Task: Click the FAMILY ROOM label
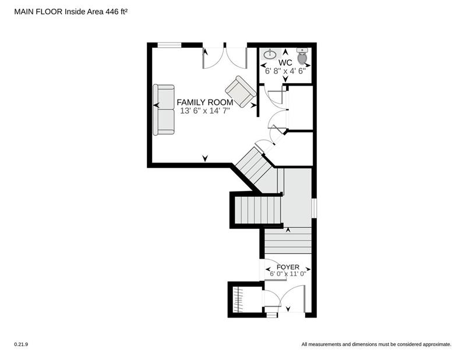(x=205, y=103)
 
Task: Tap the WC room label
(x=285, y=63)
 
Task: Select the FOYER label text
(x=288, y=267)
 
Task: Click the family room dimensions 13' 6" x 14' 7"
(x=205, y=111)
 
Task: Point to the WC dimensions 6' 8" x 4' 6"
(x=285, y=71)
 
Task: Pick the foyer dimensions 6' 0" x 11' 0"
(x=288, y=273)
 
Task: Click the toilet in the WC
(x=302, y=57)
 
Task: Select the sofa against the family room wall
(x=164, y=110)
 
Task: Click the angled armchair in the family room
(x=241, y=91)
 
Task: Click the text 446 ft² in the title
(x=117, y=12)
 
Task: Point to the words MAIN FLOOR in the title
(x=38, y=12)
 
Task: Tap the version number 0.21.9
(x=21, y=344)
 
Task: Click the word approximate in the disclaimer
(x=437, y=344)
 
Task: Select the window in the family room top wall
(x=170, y=45)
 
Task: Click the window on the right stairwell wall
(x=314, y=208)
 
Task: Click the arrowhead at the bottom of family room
(x=205, y=158)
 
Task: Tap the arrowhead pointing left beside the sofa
(x=156, y=105)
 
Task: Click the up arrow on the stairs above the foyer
(x=288, y=230)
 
